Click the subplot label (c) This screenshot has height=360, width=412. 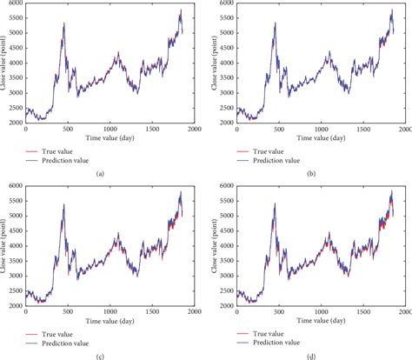point(103,355)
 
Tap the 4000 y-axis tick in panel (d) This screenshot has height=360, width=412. point(228,244)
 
